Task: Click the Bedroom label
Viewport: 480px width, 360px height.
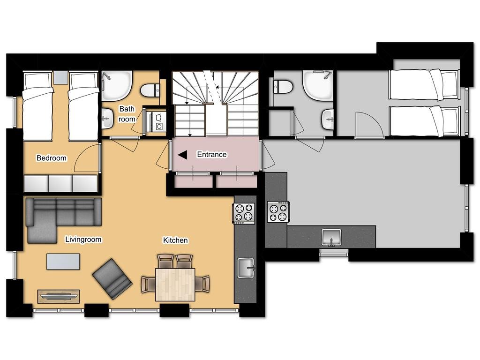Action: click(x=52, y=158)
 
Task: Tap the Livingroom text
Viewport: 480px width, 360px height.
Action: click(x=83, y=240)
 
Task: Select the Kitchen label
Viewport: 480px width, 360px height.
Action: click(x=175, y=240)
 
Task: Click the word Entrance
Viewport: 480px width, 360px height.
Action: click(x=211, y=154)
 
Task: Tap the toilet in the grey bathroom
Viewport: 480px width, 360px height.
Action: click(x=283, y=86)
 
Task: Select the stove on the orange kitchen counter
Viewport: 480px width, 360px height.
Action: click(x=244, y=213)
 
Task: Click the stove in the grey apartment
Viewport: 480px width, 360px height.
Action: click(x=278, y=212)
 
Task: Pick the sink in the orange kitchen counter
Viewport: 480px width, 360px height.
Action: click(x=246, y=268)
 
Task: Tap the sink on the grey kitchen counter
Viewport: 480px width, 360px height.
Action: click(x=331, y=237)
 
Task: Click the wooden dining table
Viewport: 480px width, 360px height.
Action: click(x=175, y=284)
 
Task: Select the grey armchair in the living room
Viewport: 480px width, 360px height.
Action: click(x=112, y=278)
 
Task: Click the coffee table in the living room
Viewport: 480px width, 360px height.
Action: click(x=63, y=261)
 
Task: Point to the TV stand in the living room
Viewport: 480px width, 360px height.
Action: click(x=59, y=296)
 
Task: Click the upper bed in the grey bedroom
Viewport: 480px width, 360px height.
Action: click(x=423, y=85)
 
